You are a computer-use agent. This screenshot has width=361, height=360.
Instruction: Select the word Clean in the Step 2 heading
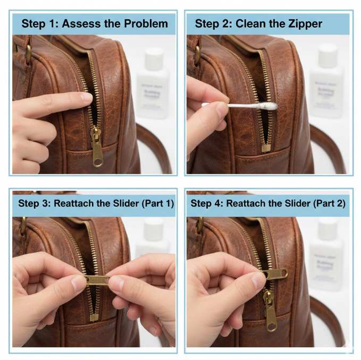[254, 24]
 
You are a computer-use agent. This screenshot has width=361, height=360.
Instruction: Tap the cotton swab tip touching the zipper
[270, 106]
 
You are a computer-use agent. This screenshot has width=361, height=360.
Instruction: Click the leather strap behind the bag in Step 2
[330, 149]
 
